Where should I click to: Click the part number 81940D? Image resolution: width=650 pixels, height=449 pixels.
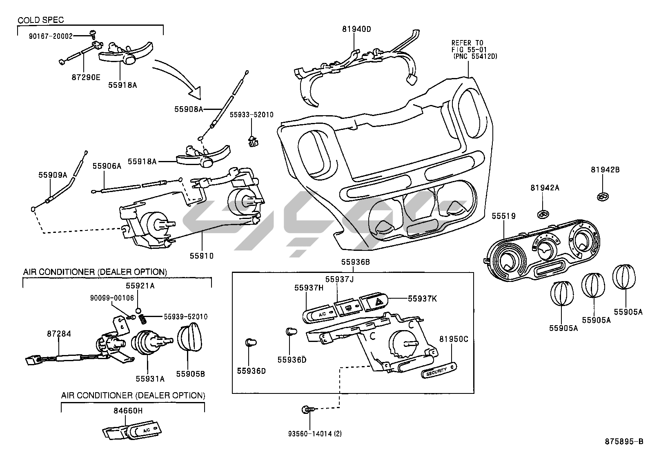[356, 29]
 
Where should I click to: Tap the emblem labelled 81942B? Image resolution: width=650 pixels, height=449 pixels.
[602, 197]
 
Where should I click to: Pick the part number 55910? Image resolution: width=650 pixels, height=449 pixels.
[201, 256]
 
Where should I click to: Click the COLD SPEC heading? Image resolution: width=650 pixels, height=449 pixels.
[40, 20]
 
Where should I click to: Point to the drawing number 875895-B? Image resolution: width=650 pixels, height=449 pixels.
[623, 442]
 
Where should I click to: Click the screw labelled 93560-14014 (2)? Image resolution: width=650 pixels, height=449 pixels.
[306, 409]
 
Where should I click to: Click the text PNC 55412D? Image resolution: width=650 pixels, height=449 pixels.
[475, 56]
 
